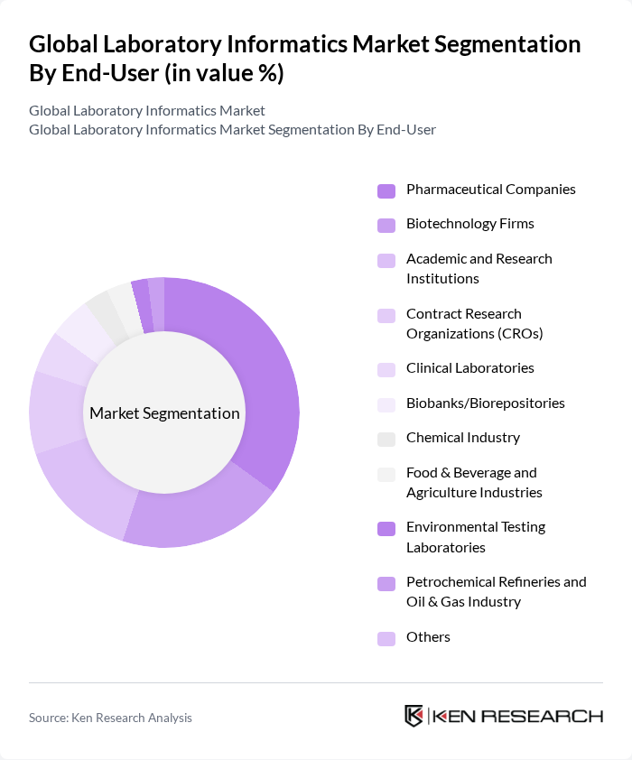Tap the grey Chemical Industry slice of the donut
102,312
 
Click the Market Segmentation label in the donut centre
164,413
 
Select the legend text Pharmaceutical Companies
490,190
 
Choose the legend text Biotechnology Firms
469,224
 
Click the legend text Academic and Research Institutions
479,268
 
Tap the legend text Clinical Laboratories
469,368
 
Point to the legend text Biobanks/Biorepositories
485,403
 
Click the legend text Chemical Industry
462,438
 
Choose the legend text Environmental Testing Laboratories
475,536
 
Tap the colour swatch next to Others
386,638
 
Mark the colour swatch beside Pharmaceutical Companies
386,190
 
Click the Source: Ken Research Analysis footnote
110,718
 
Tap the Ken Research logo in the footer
503,716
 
